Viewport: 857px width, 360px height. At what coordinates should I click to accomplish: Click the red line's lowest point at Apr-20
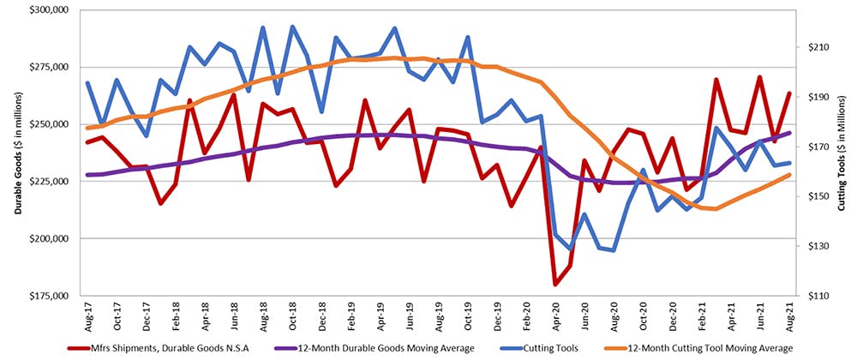(555, 284)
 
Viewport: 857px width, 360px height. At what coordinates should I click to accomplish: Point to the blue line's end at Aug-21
(789, 163)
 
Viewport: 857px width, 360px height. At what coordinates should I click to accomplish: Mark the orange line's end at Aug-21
(789, 175)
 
